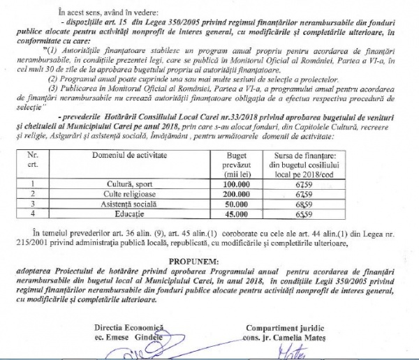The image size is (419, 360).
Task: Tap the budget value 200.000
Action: (237, 195)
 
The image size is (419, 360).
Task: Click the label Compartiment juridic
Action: (284, 327)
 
